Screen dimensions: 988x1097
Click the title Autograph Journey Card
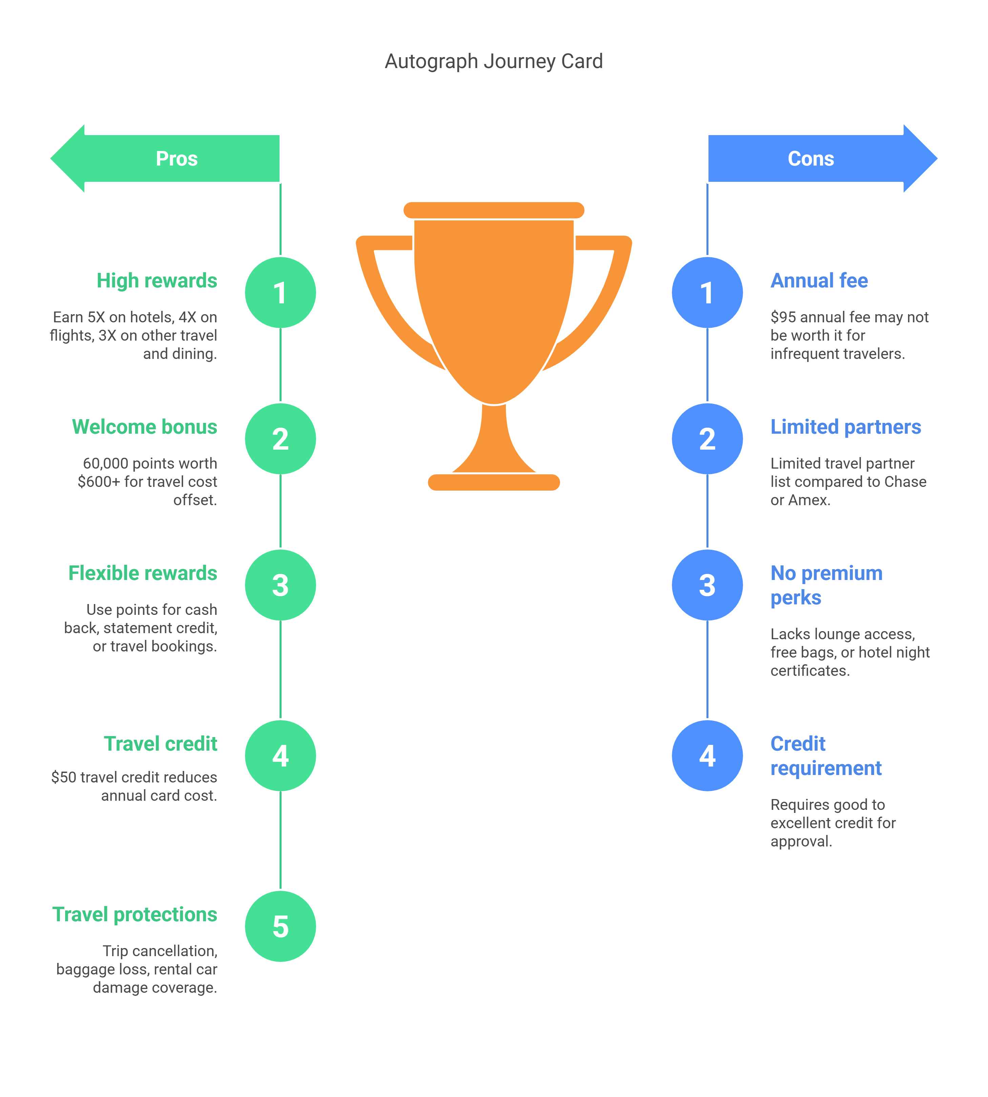point(493,61)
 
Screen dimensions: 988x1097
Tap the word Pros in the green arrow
point(177,158)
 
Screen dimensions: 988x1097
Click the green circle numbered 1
point(280,293)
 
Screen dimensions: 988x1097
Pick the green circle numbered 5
point(280,926)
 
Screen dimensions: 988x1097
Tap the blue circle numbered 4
point(707,755)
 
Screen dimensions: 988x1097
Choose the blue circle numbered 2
point(707,438)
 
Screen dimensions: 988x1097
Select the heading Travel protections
point(135,914)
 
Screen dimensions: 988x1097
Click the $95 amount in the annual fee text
point(783,317)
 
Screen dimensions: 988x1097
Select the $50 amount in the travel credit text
point(63,777)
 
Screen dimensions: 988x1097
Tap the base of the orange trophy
point(493,482)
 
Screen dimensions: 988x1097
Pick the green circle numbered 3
point(280,585)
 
